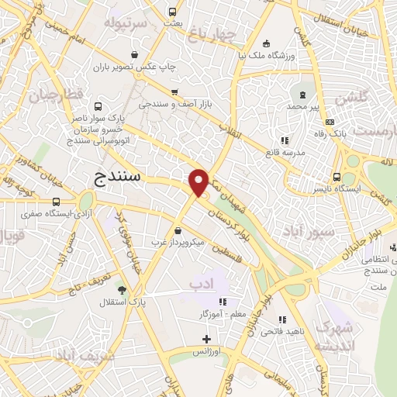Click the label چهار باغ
point(215,34)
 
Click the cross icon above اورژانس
point(206,339)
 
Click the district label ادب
point(201,284)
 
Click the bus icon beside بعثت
point(172,12)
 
